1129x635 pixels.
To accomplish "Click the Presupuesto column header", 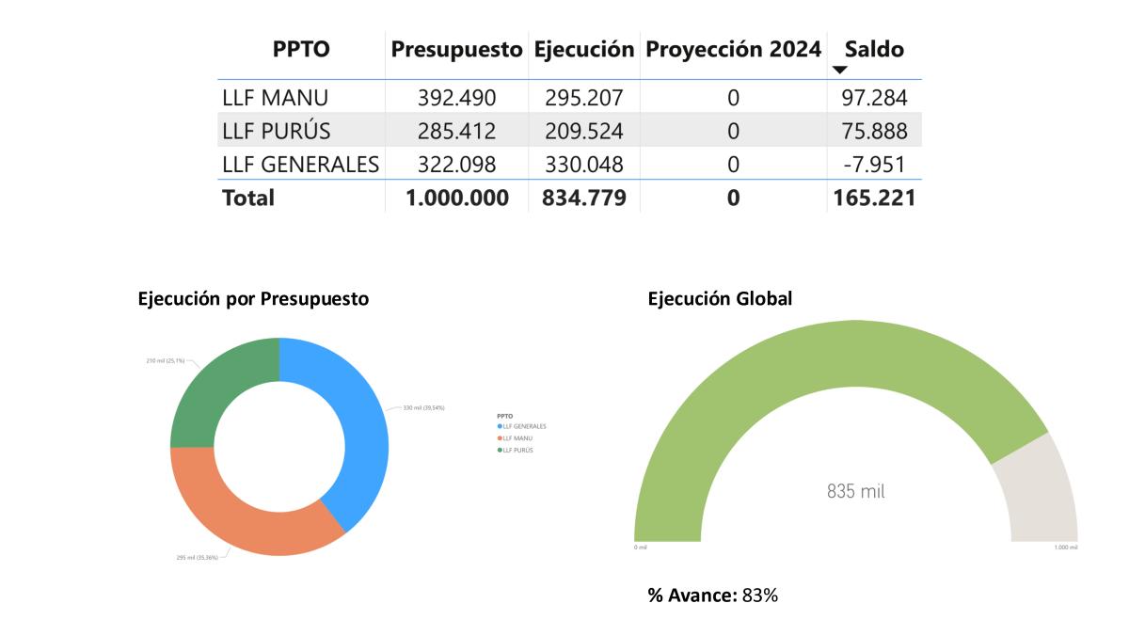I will (456, 50).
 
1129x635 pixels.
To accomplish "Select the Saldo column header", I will (874, 50).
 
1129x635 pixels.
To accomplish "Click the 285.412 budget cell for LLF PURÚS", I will (456, 131).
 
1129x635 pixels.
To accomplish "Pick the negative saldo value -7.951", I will (874, 165).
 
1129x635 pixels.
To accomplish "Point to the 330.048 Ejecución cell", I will (583, 165).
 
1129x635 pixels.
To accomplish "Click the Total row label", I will (248, 198).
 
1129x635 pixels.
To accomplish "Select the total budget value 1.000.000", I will (456, 198).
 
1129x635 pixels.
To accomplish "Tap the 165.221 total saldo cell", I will (874, 198).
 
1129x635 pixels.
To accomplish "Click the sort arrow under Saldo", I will (840, 71).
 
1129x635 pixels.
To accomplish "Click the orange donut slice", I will (245, 517).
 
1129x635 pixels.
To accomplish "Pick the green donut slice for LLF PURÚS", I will (221, 386).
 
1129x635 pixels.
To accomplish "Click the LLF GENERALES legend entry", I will (524, 426).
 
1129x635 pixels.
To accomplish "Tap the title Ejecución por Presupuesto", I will (253, 299).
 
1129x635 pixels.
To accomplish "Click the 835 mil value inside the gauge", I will (855, 491).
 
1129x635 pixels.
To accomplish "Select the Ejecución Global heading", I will (720, 299).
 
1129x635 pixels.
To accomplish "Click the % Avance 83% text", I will (712, 595).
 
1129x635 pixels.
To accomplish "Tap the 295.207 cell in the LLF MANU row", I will (583, 97).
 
